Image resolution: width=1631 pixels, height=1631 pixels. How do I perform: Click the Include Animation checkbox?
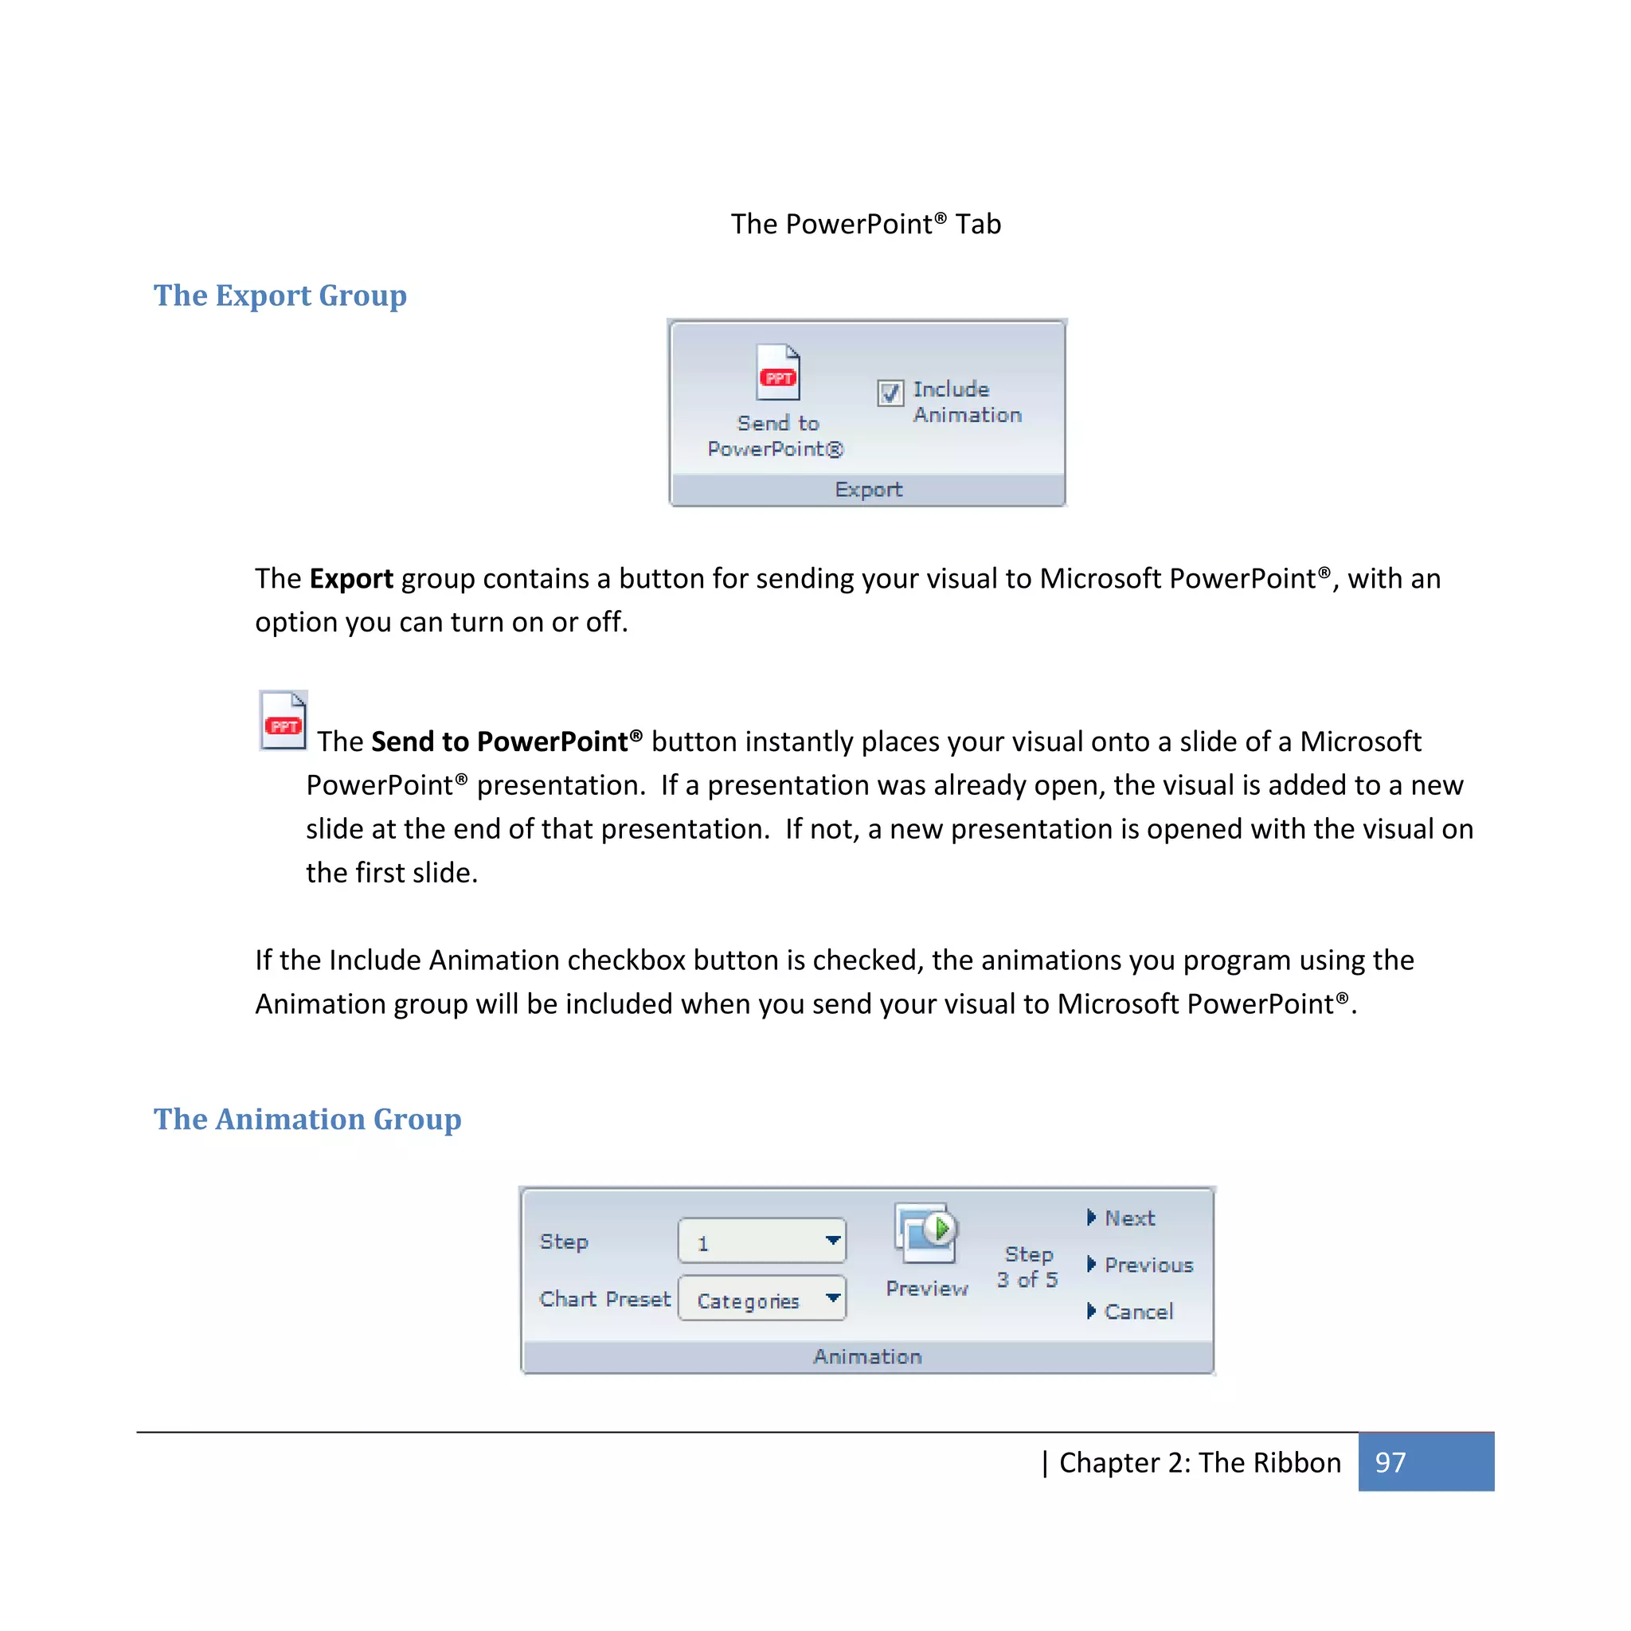(890, 393)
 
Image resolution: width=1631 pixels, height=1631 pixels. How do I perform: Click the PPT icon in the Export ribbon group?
(777, 374)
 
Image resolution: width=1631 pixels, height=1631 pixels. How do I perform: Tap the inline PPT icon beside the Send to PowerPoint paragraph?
(283, 721)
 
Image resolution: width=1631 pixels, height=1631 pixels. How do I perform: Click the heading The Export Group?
(280, 295)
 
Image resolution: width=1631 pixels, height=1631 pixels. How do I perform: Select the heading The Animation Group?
(307, 1119)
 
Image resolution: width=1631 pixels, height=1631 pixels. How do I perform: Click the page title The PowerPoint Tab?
(866, 224)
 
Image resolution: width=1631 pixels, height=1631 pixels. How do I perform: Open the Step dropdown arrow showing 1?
(832, 1240)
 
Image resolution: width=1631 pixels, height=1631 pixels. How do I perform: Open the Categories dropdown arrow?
(832, 1297)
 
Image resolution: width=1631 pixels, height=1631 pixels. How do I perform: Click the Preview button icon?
(926, 1234)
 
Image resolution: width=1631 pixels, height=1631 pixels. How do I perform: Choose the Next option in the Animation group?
(1128, 1218)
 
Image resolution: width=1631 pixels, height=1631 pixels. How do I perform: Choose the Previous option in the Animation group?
(1148, 1265)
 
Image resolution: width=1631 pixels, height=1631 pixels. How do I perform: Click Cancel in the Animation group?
(1138, 1311)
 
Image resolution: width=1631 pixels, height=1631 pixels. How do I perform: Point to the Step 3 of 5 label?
(1027, 1267)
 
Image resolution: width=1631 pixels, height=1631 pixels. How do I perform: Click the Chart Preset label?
(604, 1298)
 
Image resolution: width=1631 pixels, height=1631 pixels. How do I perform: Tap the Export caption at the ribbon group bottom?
(868, 490)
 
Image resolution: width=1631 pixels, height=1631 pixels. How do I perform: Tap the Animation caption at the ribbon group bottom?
(867, 1355)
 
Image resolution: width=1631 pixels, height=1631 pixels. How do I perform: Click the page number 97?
(1390, 1462)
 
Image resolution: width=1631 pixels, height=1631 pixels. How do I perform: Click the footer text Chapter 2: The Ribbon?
(1199, 1462)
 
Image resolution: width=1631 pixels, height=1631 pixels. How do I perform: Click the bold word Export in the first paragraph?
(351, 579)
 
